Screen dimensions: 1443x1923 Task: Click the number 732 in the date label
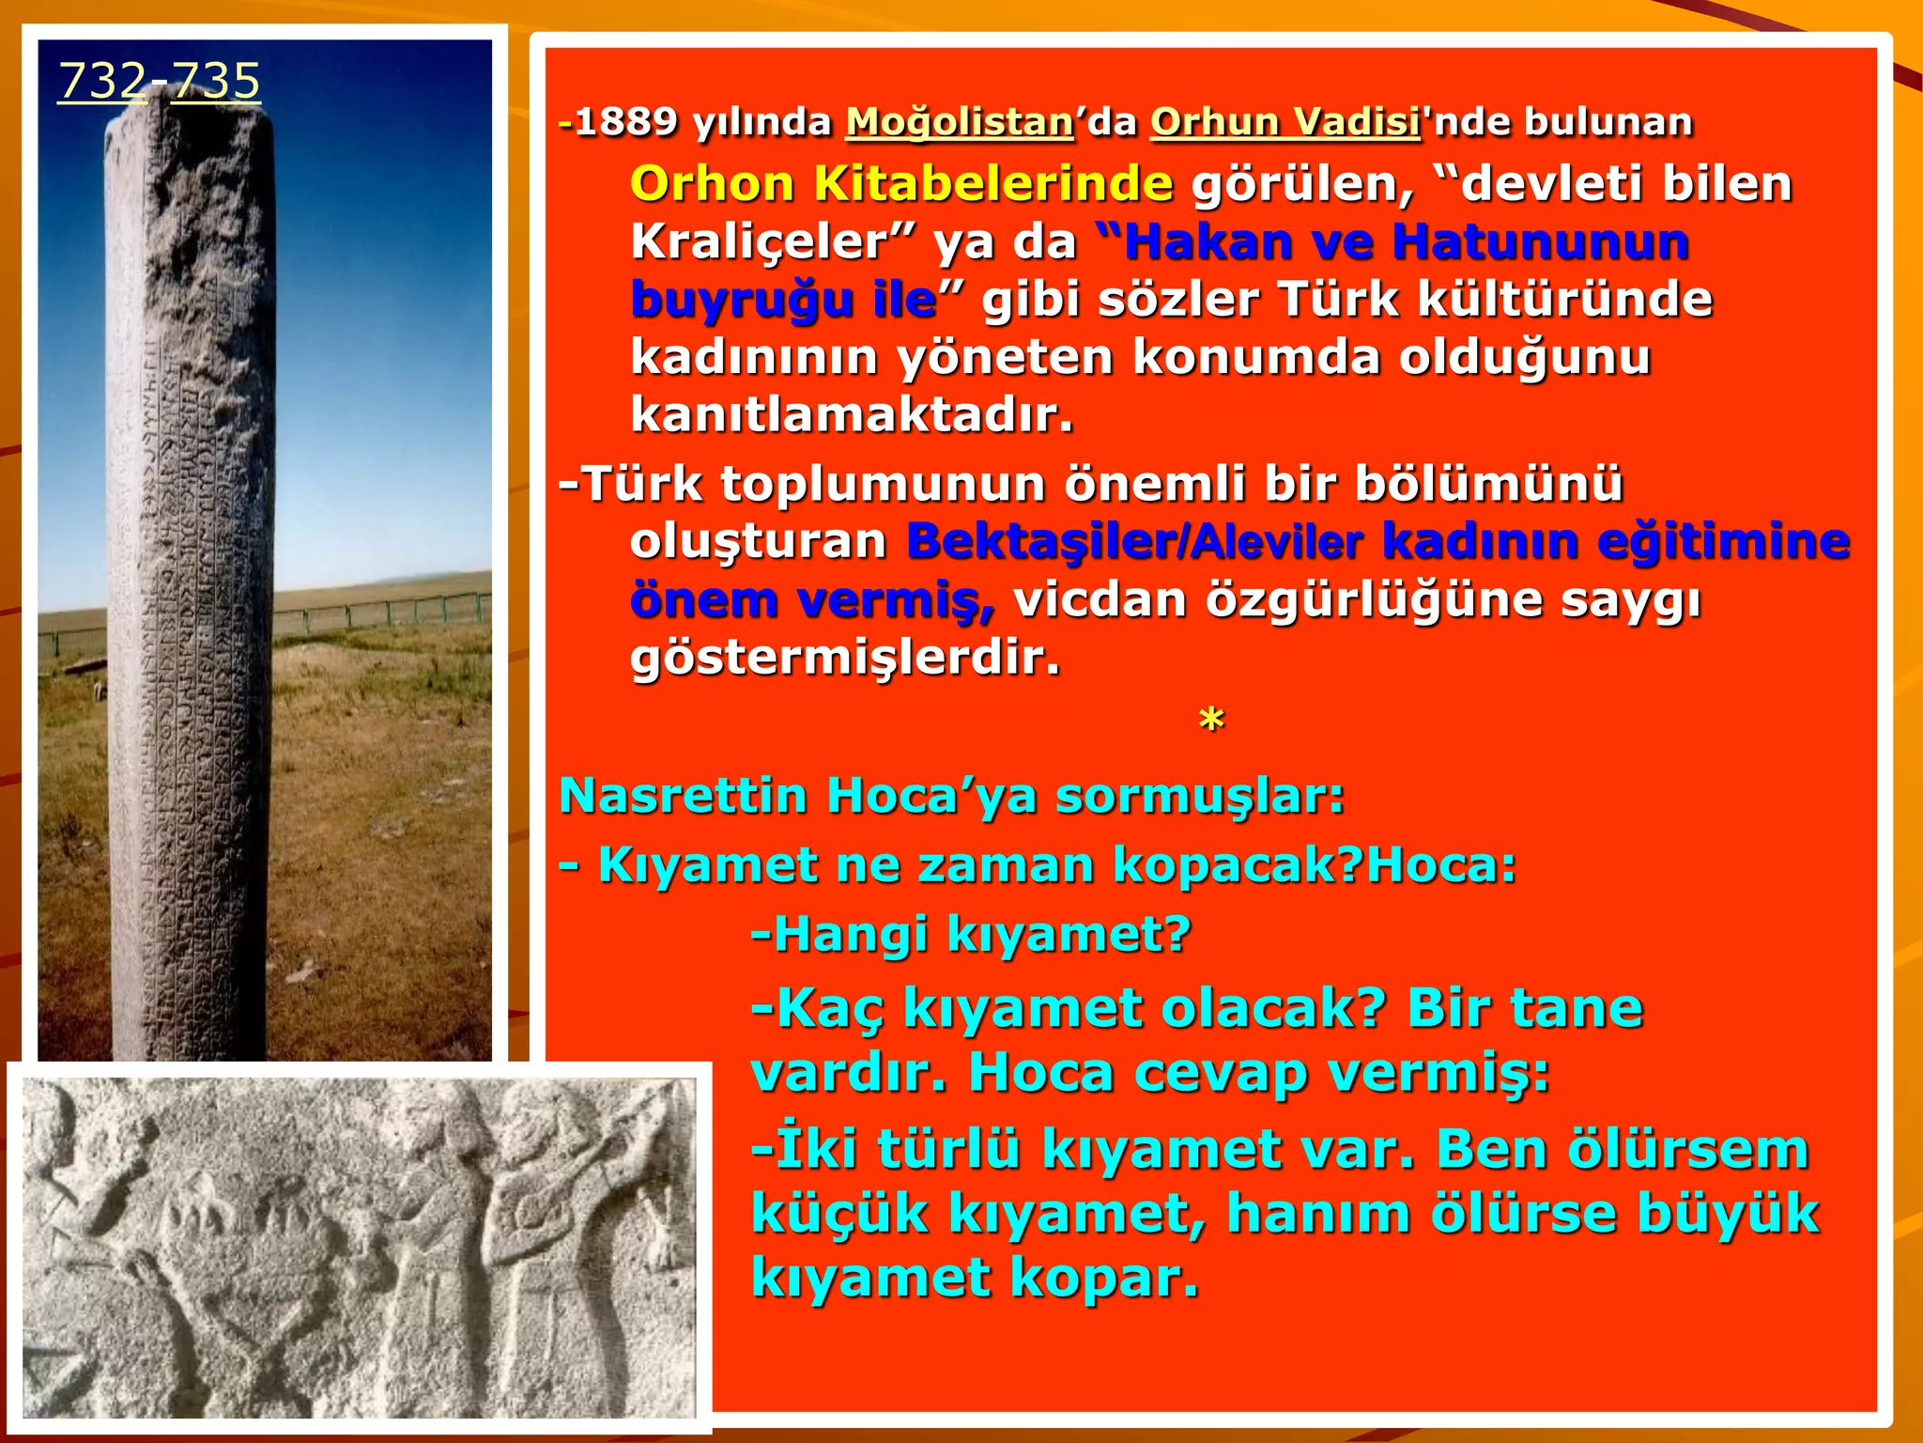click(102, 81)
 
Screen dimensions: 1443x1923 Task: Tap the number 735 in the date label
click(215, 81)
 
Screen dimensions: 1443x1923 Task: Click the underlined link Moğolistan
click(959, 122)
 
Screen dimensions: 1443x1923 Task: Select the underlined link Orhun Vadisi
click(1285, 122)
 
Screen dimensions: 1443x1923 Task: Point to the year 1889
click(625, 122)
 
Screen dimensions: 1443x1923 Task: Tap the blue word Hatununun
click(1540, 241)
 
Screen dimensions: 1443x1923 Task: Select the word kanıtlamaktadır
click(852, 415)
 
